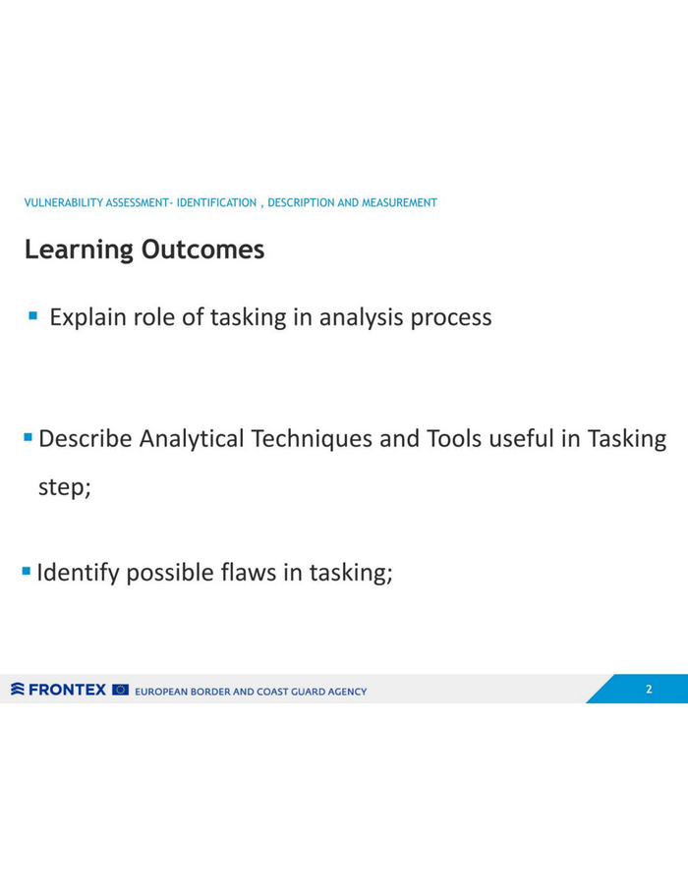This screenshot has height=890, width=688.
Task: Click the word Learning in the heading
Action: (x=79, y=250)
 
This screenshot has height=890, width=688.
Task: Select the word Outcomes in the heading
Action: (x=202, y=250)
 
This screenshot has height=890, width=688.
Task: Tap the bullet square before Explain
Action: (x=33, y=315)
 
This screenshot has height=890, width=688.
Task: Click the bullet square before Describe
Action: (x=28, y=437)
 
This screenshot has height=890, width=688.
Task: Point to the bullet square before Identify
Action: (x=27, y=571)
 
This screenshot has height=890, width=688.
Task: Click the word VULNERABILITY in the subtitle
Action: (x=63, y=202)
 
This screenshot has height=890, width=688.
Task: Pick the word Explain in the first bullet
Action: (x=88, y=317)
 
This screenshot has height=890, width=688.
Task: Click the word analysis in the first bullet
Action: (x=362, y=317)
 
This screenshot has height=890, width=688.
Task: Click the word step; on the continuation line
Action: (x=64, y=487)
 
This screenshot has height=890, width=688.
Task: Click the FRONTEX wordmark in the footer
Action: (x=67, y=690)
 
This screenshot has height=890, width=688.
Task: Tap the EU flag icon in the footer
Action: (x=121, y=690)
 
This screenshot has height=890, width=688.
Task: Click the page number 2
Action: (x=649, y=689)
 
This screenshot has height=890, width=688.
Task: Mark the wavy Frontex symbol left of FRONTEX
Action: (x=18, y=689)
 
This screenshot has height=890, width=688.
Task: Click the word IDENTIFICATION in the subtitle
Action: (x=216, y=202)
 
